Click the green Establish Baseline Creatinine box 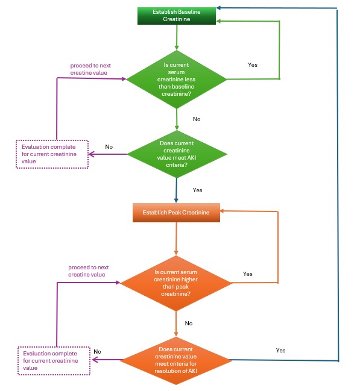pos(177,16)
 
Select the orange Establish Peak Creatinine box pos(176,213)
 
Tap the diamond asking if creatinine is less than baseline pos(177,80)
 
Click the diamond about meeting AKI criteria pos(177,154)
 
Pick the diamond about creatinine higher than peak pos(176,283)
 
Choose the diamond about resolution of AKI pos(176,360)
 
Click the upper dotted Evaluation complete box pos(52,154)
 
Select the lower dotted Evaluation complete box pos(54,361)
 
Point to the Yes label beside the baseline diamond pos(253,65)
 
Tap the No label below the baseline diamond pos(197,119)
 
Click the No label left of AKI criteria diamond pos(109,147)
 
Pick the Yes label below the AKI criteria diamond pos(197,190)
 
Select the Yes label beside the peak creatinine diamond pos(248,274)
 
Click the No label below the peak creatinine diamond pos(189,324)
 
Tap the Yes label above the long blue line pos(280,351)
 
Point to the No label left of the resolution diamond pos(97,352)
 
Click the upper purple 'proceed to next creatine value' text pos(90,69)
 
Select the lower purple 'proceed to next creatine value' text pos(89,271)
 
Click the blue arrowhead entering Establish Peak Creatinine pos(176,201)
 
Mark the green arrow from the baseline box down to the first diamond pos(177,37)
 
